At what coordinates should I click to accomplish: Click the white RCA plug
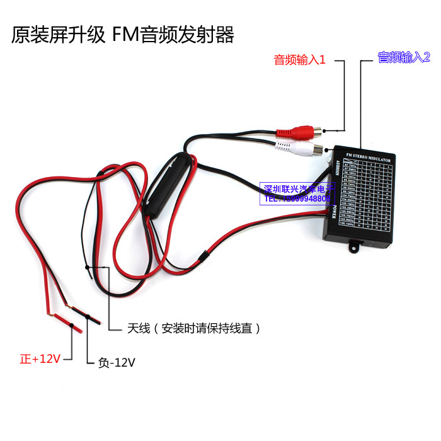(x=302, y=149)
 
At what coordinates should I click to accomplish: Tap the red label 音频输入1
(x=299, y=60)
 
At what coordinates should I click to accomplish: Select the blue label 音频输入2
(x=403, y=58)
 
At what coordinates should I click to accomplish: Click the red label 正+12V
(x=40, y=359)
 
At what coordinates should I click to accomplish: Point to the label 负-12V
(x=117, y=362)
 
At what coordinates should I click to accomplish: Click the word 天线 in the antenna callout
(x=138, y=328)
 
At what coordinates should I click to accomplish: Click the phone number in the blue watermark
(x=295, y=198)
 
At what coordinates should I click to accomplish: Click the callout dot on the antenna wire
(x=88, y=266)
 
